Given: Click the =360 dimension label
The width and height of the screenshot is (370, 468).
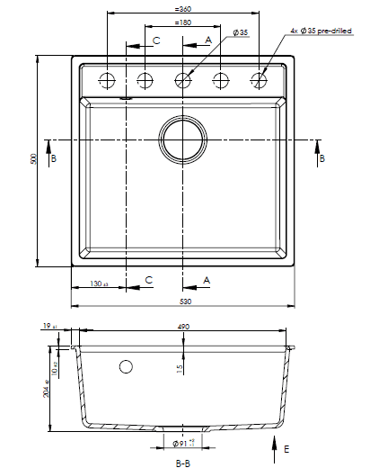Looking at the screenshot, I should (183, 9).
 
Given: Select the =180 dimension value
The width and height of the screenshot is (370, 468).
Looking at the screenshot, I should (183, 22).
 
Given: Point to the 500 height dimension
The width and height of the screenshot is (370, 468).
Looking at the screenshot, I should (32, 159).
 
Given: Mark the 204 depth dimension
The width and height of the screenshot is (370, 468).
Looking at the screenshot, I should (45, 390).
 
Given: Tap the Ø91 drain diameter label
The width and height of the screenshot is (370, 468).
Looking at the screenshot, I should (183, 443).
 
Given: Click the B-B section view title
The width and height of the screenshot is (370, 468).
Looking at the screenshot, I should (182, 462).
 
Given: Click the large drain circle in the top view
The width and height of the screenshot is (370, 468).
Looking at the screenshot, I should (183, 140).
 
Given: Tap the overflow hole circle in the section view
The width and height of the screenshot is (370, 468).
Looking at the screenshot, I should (126, 366).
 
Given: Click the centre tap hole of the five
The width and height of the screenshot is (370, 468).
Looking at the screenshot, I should (183, 79).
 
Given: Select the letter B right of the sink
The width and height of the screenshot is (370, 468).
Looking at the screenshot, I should (322, 158).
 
